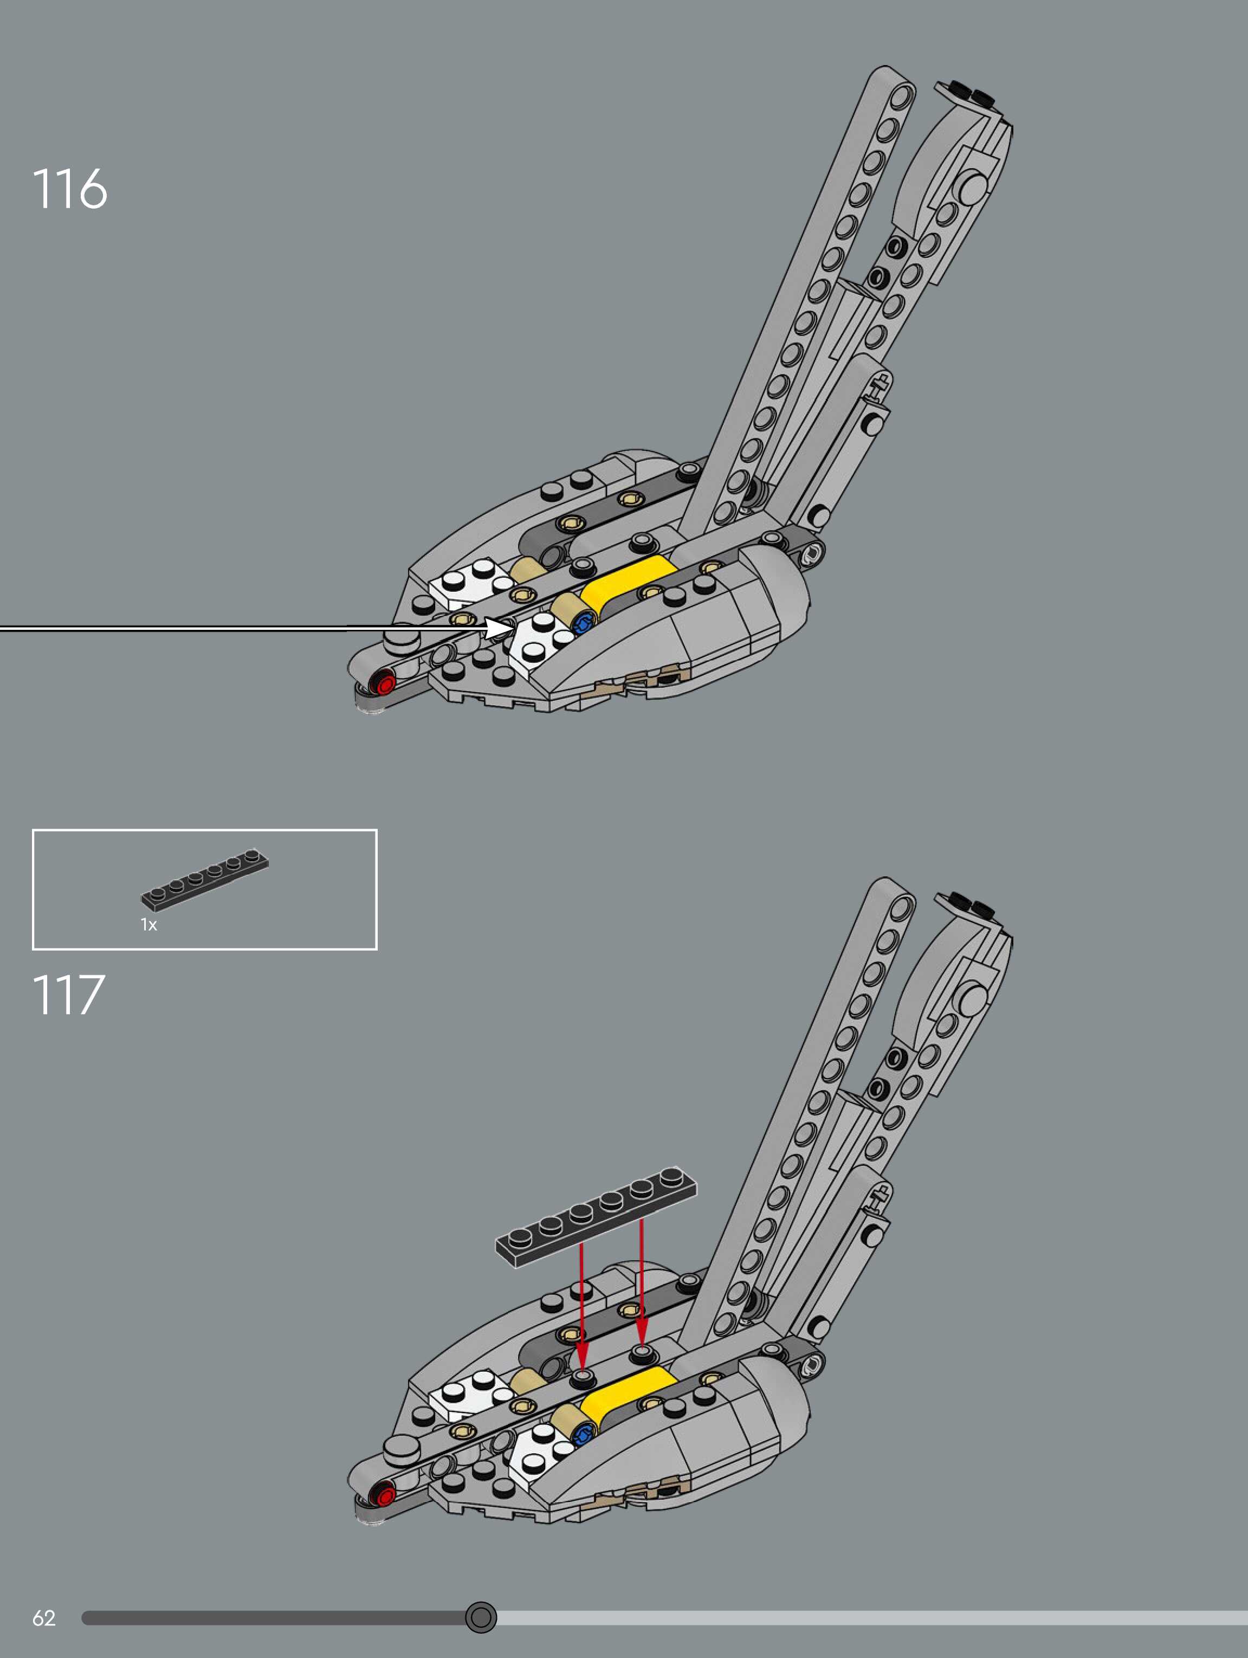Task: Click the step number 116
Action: click(x=70, y=188)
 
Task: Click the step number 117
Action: click(x=68, y=996)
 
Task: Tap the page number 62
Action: click(x=43, y=1617)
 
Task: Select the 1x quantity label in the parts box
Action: click(x=148, y=925)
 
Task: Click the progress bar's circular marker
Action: click(x=481, y=1617)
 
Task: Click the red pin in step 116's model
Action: click(x=385, y=683)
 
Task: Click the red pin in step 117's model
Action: click(x=385, y=1496)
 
